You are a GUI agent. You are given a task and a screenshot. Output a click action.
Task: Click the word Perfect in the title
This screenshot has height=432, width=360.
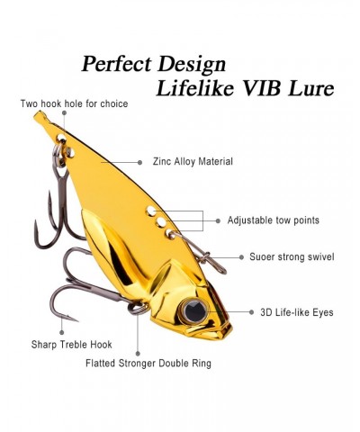click(x=116, y=64)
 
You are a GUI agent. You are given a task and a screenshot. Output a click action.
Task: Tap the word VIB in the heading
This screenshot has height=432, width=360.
click(x=263, y=88)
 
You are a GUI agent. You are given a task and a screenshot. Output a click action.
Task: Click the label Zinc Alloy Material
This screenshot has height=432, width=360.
click(x=193, y=161)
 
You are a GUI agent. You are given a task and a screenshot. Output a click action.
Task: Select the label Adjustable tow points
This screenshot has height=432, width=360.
click(x=274, y=220)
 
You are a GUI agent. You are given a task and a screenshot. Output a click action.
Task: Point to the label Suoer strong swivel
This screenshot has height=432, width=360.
click(x=292, y=256)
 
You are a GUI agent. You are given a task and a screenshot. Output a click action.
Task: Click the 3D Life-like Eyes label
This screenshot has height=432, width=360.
click(x=297, y=312)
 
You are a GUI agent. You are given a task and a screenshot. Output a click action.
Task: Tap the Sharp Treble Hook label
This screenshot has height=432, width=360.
click(x=72, y=345)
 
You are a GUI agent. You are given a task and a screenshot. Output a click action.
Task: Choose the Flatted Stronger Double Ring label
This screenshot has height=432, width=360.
click(x=148, y=364)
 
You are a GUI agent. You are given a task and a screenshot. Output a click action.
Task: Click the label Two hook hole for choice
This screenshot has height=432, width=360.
click(x=74, y=103)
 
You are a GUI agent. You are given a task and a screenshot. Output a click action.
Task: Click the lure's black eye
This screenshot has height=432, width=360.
click(x=195, y=310)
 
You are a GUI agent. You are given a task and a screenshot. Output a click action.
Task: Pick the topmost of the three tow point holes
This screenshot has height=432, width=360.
click(x=150, y=211)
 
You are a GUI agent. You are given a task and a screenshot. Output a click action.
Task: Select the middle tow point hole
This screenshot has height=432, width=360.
click(x=161, y=222)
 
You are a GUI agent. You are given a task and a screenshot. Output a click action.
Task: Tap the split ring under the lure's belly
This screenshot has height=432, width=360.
click(x=139, y=308)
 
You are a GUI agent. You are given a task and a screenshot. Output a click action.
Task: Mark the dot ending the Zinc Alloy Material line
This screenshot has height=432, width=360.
click(x=139, y=162)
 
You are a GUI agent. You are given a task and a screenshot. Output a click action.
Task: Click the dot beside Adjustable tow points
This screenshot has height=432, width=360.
click(x=218, y=220)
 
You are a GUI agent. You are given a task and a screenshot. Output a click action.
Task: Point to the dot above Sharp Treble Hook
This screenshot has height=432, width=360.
click(x=62, y=332)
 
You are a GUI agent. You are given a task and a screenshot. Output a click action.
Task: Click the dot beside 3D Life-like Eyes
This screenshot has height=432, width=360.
click(x=251, y=312)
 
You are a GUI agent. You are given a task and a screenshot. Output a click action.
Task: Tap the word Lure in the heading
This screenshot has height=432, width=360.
click(x=311, y=88)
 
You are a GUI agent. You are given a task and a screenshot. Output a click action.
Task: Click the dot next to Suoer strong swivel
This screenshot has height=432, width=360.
click(x=241, y=257)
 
